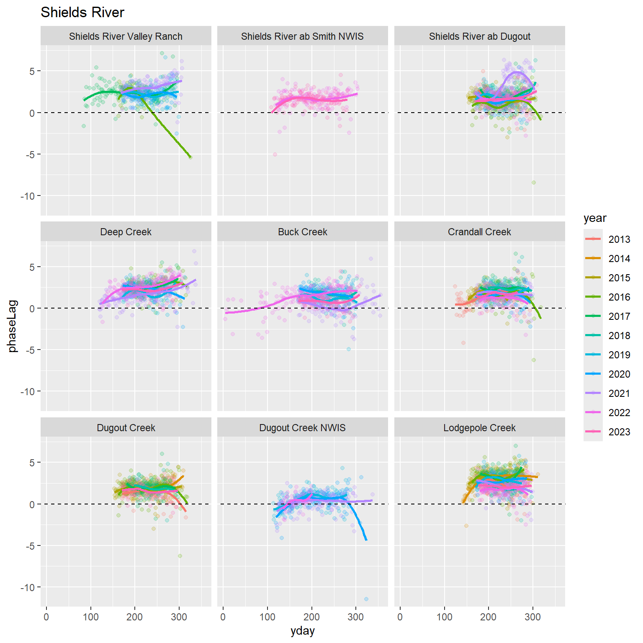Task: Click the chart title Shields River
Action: tap(82, 13)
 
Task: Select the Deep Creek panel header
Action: tap(126, 232)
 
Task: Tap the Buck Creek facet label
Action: tap(302, 232)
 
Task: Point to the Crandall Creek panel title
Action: tap(479, 232)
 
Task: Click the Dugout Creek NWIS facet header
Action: tap(302, 428)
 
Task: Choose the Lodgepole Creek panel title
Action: tap(479, 428)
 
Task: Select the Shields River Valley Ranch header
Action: tap(126, 36)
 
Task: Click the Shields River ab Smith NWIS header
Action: tap(302, 36)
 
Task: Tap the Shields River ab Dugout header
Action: tap(479, 36)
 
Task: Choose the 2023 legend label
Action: tap(619, 432)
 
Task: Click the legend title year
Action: tap(595, 218)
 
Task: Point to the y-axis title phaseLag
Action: tap(13, 326)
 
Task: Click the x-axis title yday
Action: tap(302, 631)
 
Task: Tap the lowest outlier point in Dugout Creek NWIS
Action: tap(366, 599)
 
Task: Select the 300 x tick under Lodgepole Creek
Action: tap(532, 617)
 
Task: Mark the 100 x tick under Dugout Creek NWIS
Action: tap(267, 617)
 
